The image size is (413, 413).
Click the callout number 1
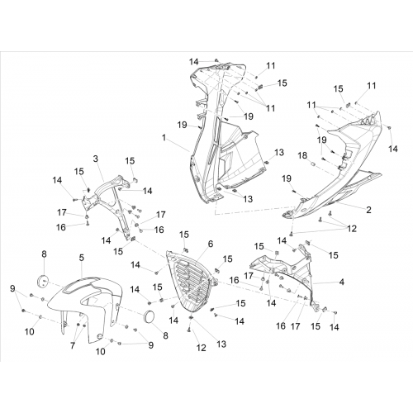tap(164, 137)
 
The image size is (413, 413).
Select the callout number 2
tap(368, 210)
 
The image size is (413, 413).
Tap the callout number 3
tap(96, 159)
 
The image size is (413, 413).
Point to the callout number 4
tap(342, 282)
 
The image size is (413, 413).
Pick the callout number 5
tap(82, 258)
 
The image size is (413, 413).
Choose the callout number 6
tap(211, 244)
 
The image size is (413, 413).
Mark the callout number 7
tap(73, 345)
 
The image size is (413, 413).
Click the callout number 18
tap(302, 155)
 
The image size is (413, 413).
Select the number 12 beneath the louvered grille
tap(202, 348)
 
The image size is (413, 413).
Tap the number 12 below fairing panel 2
tap(352, 229)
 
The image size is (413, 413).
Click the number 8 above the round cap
tap(45, 254)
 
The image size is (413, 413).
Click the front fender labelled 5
tap(85, 306)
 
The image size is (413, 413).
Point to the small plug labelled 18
tap(312, 164)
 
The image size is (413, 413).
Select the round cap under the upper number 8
tap(42, 281)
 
